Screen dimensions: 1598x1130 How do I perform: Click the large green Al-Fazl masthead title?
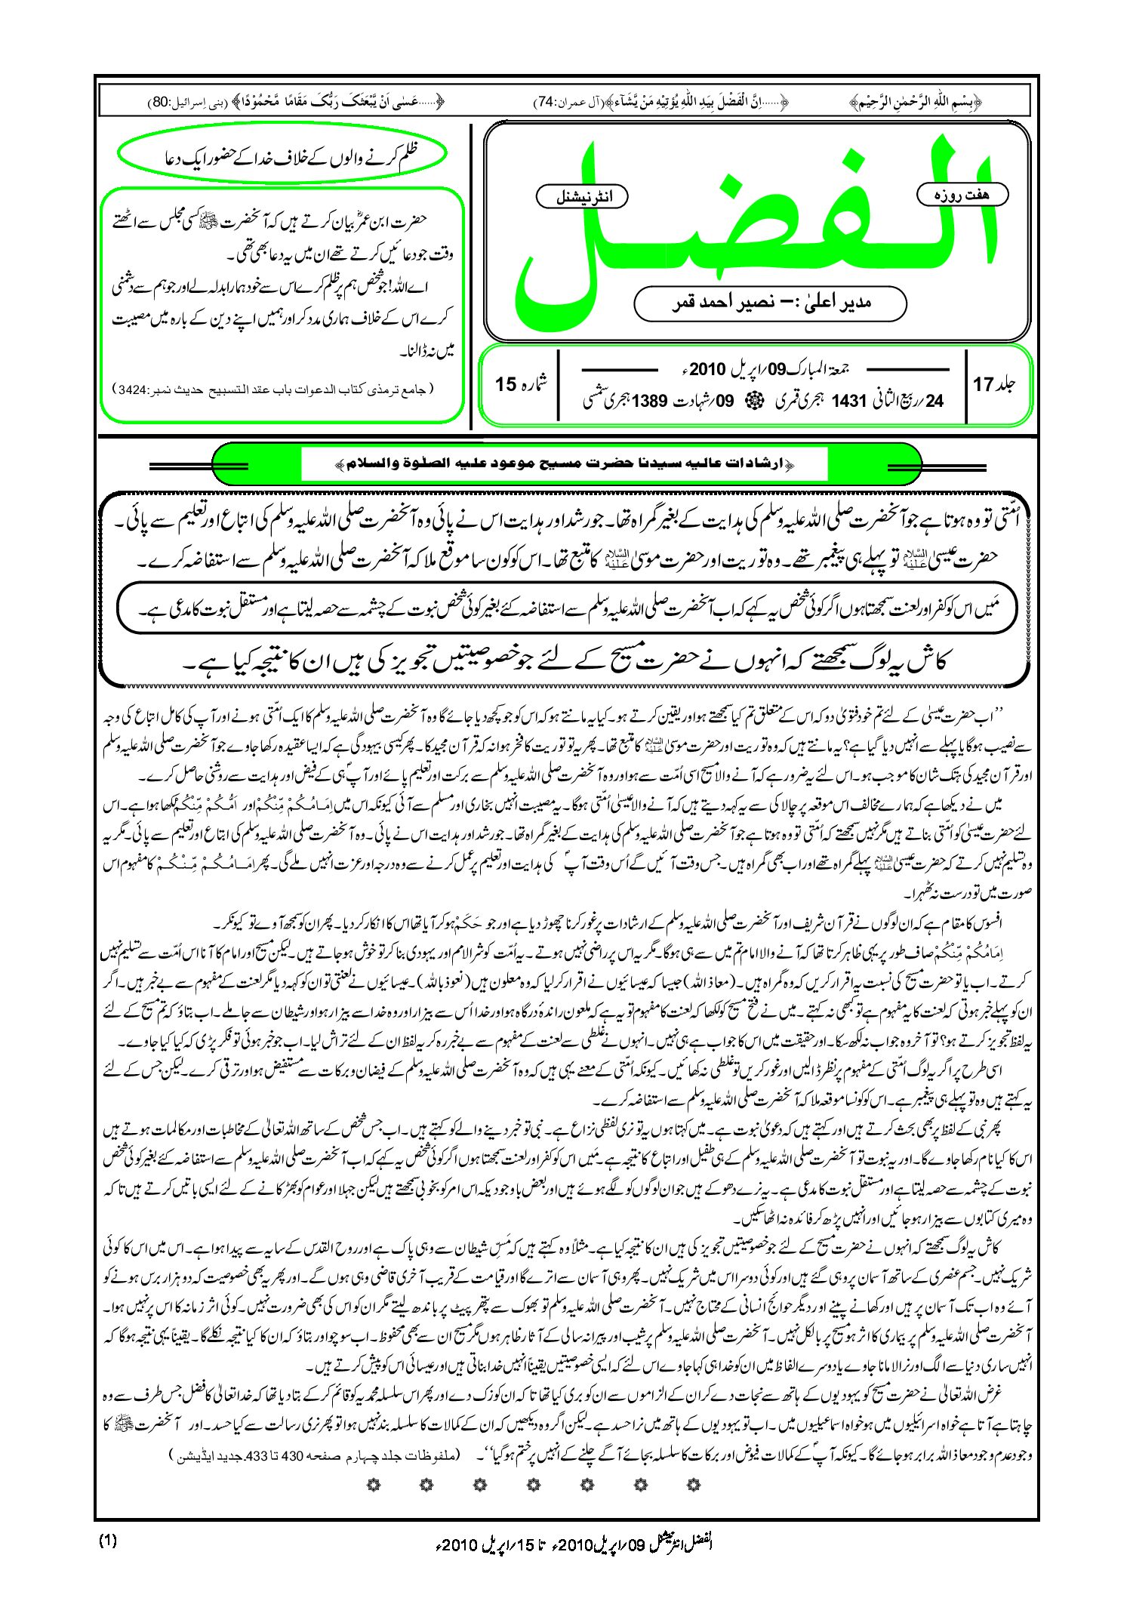755,226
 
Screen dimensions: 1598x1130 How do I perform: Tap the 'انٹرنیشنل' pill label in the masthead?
581,197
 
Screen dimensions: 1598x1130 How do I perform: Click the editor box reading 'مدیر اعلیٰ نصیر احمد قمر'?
770,303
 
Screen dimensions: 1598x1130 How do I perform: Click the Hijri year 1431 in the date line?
848,402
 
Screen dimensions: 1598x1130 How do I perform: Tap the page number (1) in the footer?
108,1541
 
